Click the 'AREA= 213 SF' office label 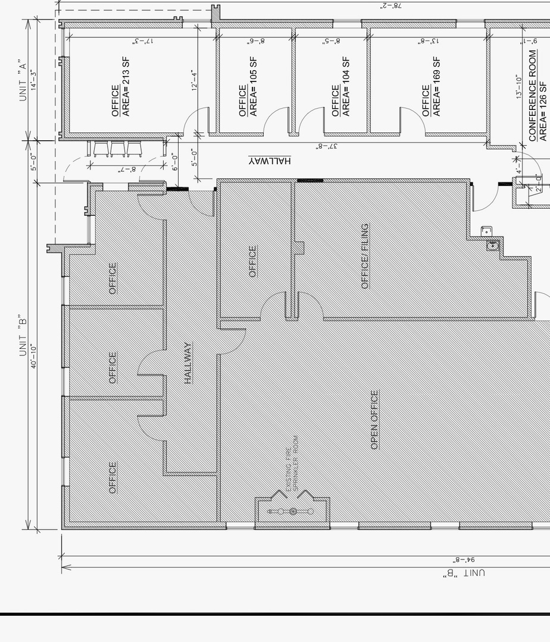coord(126,87)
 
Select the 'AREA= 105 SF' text coord(254,87)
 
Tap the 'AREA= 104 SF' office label coord(346,87)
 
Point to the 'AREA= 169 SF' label coord(437,87)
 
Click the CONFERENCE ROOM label coord(532,96)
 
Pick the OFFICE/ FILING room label coord(365,256)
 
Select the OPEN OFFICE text coord(374,420)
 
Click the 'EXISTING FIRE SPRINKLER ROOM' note coord(291,464)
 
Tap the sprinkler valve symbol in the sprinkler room coord(292,511)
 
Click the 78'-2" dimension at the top coord(391,6)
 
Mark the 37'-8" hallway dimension coord(327,146)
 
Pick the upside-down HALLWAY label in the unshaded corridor coord(270,161)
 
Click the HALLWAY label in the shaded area coord(188,363)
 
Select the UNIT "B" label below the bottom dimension coord(464,573)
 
